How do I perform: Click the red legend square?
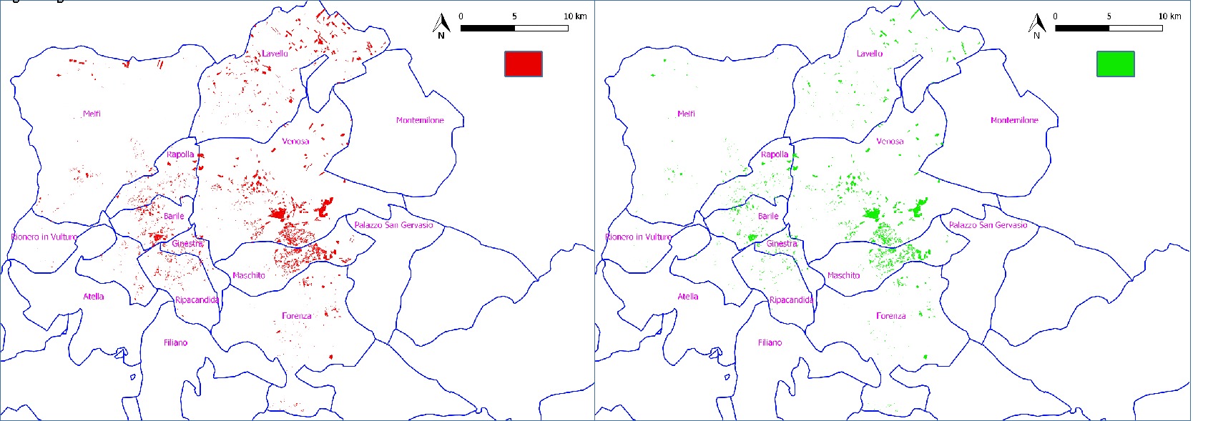[x=523, y=64]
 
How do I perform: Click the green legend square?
[x=1115, y=64]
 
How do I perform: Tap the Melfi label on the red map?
[x=92, y=114]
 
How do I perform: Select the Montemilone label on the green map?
[x=1014, y=120]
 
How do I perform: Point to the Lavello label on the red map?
[x=275, y=54]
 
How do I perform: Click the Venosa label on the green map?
[x=890, y=142]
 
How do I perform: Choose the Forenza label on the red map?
[x=296, y=316]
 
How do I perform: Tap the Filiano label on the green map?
[x=770, y=343]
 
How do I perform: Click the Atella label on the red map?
[x=94, y=297]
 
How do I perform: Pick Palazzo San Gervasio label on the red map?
[x=393, y=225]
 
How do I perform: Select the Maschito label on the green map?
[x=843, y=275]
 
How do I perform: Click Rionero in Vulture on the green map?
[x=638, y=237]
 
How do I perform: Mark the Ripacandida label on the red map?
[x=197, y=300]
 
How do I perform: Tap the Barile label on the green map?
[x=768, y=216]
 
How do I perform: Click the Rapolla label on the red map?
[x=180, y=154]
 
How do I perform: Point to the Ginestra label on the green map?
[x=782, y=244]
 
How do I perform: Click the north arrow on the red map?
[x=441, y=26]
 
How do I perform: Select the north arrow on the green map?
[x=1036, y=26]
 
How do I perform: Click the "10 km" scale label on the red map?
[x=575, y=16]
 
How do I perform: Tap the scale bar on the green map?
[x=1109, y=29]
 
